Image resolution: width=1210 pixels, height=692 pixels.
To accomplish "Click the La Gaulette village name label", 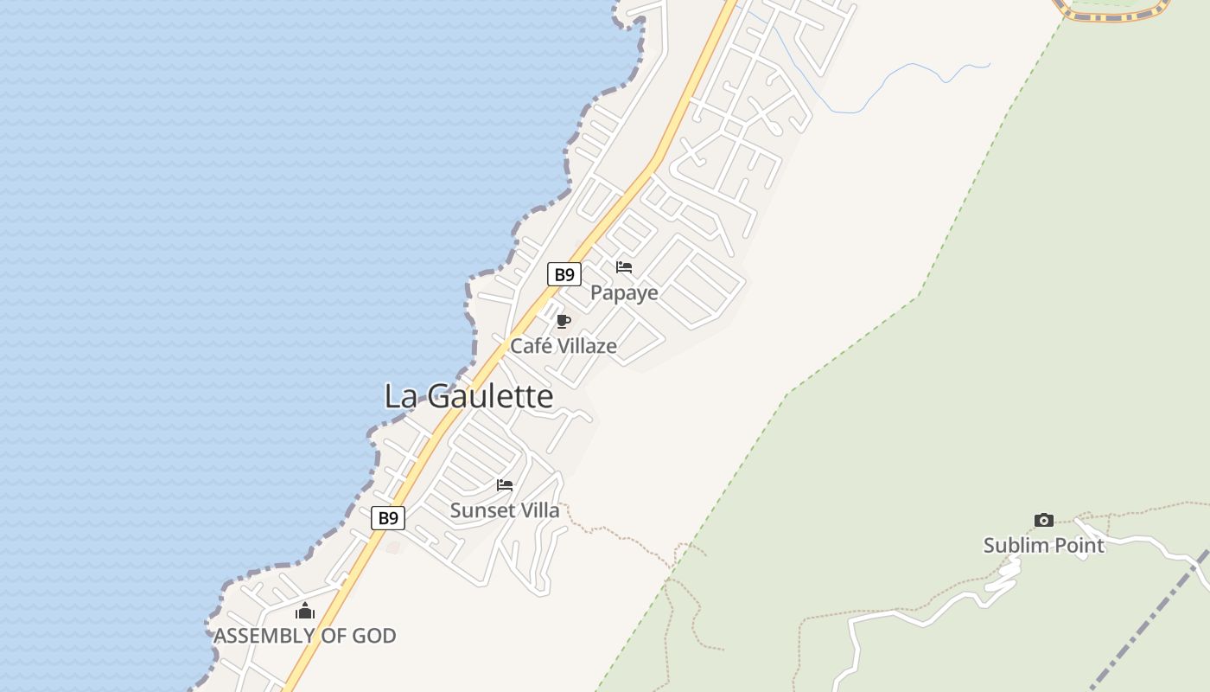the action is click(468, 396).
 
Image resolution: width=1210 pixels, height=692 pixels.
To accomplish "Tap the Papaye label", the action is click(624, 293).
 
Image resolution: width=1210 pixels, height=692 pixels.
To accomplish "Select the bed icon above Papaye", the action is click(624, 267).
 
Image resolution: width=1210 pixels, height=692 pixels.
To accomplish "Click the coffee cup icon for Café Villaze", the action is click(564, 322).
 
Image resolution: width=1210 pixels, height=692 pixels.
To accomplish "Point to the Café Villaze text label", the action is click(564, 346).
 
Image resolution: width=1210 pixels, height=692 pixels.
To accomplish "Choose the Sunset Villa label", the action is click(505, 510).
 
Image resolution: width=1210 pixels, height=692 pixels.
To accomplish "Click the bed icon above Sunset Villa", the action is click(505, 485).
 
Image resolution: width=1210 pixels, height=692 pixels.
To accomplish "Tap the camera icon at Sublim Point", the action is click(1044, 520).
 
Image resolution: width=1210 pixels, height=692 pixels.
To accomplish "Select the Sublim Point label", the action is click(1044, 546).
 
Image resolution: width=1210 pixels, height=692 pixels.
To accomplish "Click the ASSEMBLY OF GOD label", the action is click(305, 636).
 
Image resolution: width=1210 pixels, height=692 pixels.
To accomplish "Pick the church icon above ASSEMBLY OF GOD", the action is click(304, 612).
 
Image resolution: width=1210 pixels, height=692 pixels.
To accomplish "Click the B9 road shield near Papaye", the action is click(564, 275).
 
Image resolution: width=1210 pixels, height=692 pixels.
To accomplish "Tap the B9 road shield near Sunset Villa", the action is click(388, 518).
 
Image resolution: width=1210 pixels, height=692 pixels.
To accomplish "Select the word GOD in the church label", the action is click(373, 636).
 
